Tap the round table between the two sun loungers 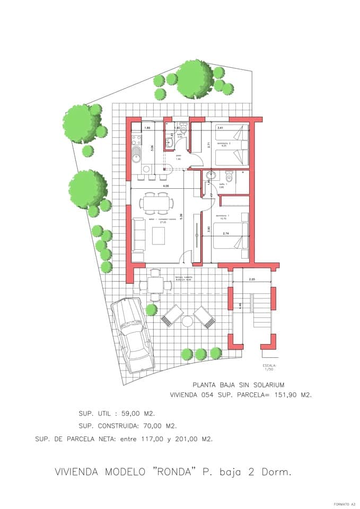[x=187, y=321]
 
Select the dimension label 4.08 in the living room [x=166, y=186]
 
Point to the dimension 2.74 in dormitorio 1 [x=225, y=233]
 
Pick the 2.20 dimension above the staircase [x=251, y=279]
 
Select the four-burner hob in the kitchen [x=136, y=141]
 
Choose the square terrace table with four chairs [x=155, y=285]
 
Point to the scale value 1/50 [x=269, y=370]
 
